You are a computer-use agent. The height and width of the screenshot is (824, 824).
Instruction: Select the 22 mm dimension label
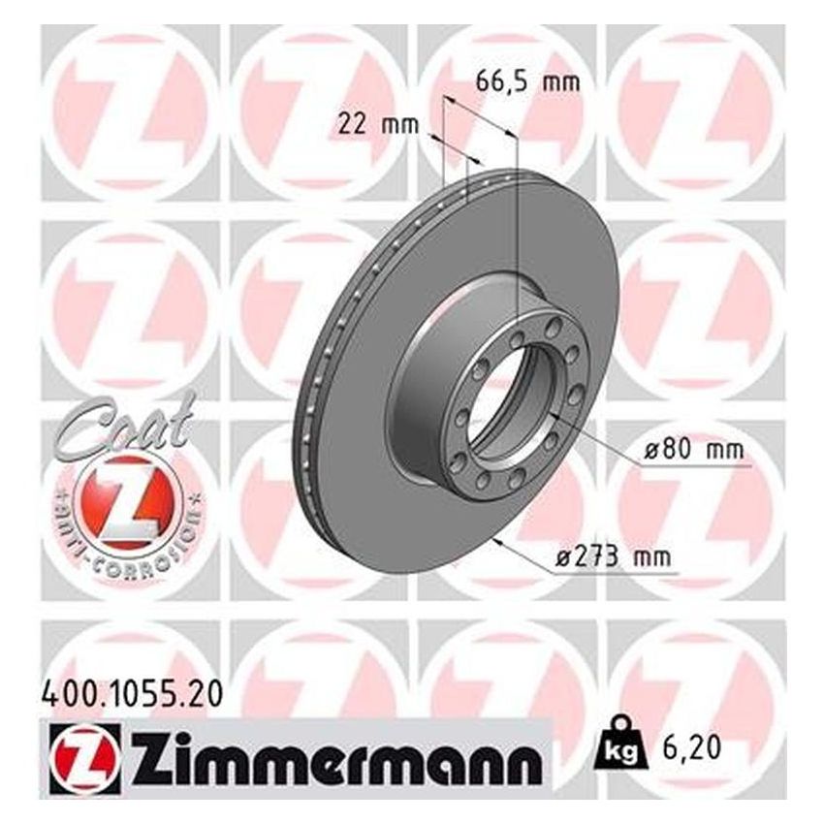point(377,124)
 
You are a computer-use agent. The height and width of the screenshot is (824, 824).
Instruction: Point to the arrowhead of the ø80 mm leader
point(552,414)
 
